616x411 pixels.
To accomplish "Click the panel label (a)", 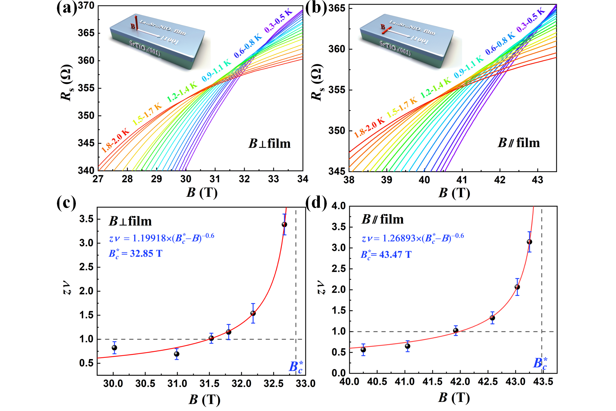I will pyautogui.click(x=67, y=8).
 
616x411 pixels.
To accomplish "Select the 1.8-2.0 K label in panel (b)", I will pyautogui.click(x=369, y=127).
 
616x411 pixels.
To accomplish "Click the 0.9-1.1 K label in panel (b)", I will pyautogui.click(x=469, y=67).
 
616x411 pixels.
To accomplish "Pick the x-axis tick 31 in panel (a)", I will pyautogui.click(x=215, y=179).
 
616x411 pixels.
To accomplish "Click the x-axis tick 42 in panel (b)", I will pyautogui.click(x=500, y=180).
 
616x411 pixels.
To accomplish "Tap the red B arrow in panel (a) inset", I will pyautogui.click(x=136, y=23).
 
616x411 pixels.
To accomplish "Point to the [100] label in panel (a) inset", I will pyautogui.click(x=169, y=40).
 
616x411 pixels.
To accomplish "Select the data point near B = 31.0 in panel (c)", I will pyautogui.click(x=177, y=354).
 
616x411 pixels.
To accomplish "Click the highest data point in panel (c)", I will pyautogui.click(x=284, y=225).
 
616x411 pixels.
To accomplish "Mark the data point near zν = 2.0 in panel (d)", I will pyautogui.click(x=517, y=287).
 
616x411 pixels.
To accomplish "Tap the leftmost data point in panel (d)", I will pyautogui.click(x=363, y=350).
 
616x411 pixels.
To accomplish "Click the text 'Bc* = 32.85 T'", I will pyautogui.click(x=135, y=254).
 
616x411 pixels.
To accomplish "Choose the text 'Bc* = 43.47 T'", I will pyautogui.click(x=386, y=255).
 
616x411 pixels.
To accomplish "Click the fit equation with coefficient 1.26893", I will pyautogui.click(x=413, y=238).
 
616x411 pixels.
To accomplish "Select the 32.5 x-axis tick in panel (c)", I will pyautogui.click(x=273, y=384).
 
